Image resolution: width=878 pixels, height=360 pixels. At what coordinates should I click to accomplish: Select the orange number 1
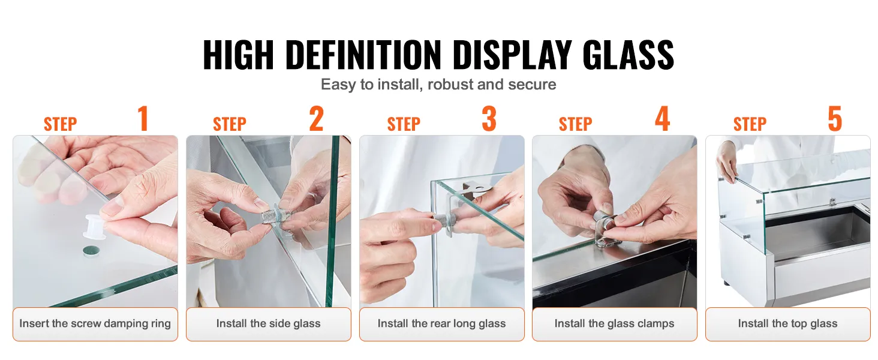142,119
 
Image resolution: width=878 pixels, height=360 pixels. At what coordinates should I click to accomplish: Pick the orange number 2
316,119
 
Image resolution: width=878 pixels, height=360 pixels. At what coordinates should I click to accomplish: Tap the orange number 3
489,119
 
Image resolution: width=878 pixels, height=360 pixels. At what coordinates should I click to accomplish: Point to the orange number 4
662,119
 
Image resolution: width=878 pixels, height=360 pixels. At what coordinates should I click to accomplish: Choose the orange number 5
835,119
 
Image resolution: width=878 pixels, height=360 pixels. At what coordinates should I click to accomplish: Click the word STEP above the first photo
60,124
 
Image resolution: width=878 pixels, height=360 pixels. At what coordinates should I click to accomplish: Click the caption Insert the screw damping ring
95,324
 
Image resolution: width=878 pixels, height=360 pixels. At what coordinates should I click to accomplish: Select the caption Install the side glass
268,324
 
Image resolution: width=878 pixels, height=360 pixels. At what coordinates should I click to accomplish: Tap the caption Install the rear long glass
441,324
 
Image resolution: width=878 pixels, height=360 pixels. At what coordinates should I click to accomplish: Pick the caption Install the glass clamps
614,324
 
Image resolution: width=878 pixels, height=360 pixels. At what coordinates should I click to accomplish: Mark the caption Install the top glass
787,324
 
